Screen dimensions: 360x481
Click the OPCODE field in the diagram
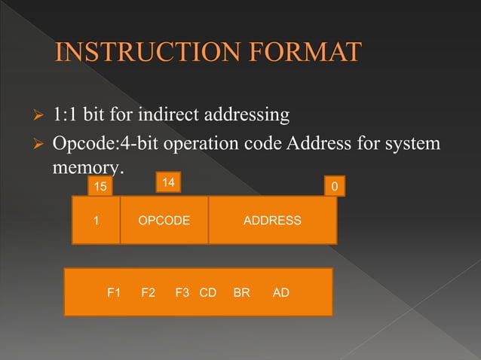164,221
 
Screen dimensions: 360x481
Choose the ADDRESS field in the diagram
272,221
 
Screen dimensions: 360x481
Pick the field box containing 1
96,221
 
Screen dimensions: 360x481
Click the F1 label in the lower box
115,292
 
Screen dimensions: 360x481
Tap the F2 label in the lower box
149,292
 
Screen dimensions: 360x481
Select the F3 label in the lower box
182,292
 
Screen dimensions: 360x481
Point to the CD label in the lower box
207,292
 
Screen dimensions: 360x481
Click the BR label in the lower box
241,292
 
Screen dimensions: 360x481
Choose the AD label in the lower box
280,292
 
